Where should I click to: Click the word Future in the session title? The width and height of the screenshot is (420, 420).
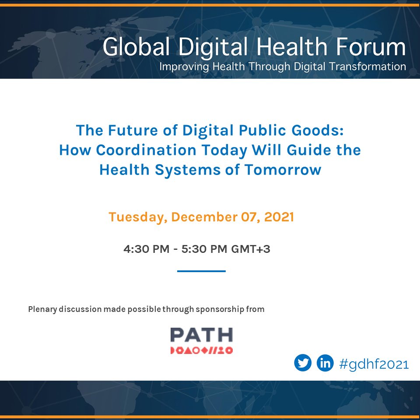pyautogui.click(x=134, y=130)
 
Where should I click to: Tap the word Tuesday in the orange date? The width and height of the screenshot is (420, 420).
pyautogui.click(x=137, y=217)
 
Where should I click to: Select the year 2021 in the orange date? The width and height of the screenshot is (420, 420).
pyautogui.click(x=278, y=217)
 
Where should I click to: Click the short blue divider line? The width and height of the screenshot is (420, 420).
pyautogui.click(x=201, y=271)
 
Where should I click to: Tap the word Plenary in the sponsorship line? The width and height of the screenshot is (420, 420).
pyautogui.click(x=43, y=309)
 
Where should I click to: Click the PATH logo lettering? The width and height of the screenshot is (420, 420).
pyautogui.click(x=201, y=335)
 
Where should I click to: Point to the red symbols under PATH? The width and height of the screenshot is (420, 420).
pyautogui.click(x=201, y=350)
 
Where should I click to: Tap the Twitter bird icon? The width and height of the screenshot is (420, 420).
pyautogui.click(x=303, y=363)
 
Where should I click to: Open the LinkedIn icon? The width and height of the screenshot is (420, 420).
pyautogui.click(x=325, y=363)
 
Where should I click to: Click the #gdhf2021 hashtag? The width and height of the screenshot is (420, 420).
pyautogui.click(x=374, y=364)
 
